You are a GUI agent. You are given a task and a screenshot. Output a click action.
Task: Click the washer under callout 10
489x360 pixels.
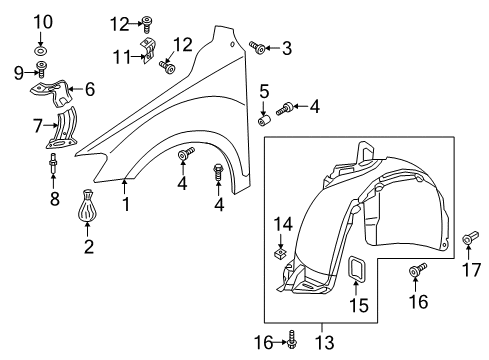pos(40,51)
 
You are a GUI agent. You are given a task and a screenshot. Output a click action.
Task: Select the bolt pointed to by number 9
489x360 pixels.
pos(41,69)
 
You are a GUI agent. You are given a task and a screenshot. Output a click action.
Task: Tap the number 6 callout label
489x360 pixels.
pos(90,89)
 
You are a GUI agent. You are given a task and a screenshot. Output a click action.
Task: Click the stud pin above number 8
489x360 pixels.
pos(53,163)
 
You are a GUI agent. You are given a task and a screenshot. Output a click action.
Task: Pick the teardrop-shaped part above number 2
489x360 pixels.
pos(88,205)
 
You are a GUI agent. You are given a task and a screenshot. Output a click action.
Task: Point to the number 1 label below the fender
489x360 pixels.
pos(126,204)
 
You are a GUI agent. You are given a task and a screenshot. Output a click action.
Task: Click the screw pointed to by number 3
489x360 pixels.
pos(257,48)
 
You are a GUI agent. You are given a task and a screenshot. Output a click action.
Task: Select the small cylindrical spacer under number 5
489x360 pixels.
pos(264,120)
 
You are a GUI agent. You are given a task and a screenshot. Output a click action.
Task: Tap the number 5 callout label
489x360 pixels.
pos(264,91)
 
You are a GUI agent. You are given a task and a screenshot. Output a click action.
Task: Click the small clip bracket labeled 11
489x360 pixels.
pos(148,51)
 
